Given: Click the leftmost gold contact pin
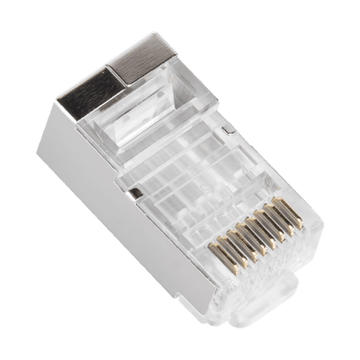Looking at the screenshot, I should click(218, 267).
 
